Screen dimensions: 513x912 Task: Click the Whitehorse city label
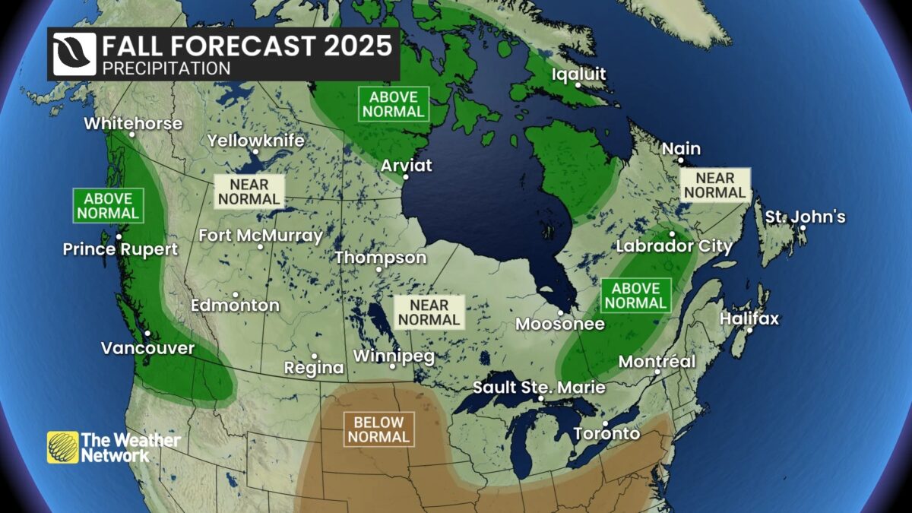(x=133, y=123)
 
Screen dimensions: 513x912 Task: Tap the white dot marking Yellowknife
(x=255, y=151)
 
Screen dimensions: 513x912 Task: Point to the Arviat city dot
(x=405, y=177)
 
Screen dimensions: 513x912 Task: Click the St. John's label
(x=805, y=217)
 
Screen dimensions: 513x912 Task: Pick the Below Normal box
(x=379, y=429)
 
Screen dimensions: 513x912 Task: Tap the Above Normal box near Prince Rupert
(x=108, y=205)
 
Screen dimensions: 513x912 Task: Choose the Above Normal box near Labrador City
(x=636, y=296)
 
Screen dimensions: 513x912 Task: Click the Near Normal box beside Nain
(x=714, y=185)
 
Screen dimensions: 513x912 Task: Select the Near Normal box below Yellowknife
(x=249, y=192)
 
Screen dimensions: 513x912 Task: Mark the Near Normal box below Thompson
(x=429, y=312)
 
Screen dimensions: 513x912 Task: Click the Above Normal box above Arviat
(x=393, y=104)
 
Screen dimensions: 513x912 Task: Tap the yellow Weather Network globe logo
(x=62, y=448)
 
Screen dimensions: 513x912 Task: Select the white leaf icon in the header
(x=74, y=54)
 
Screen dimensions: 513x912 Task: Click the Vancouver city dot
(x=147, y=334)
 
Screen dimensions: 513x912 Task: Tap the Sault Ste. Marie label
(x=539, y=388)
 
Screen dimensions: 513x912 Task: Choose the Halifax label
(x=749, y=318)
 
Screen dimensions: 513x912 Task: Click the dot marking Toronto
(x=606, y=423)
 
